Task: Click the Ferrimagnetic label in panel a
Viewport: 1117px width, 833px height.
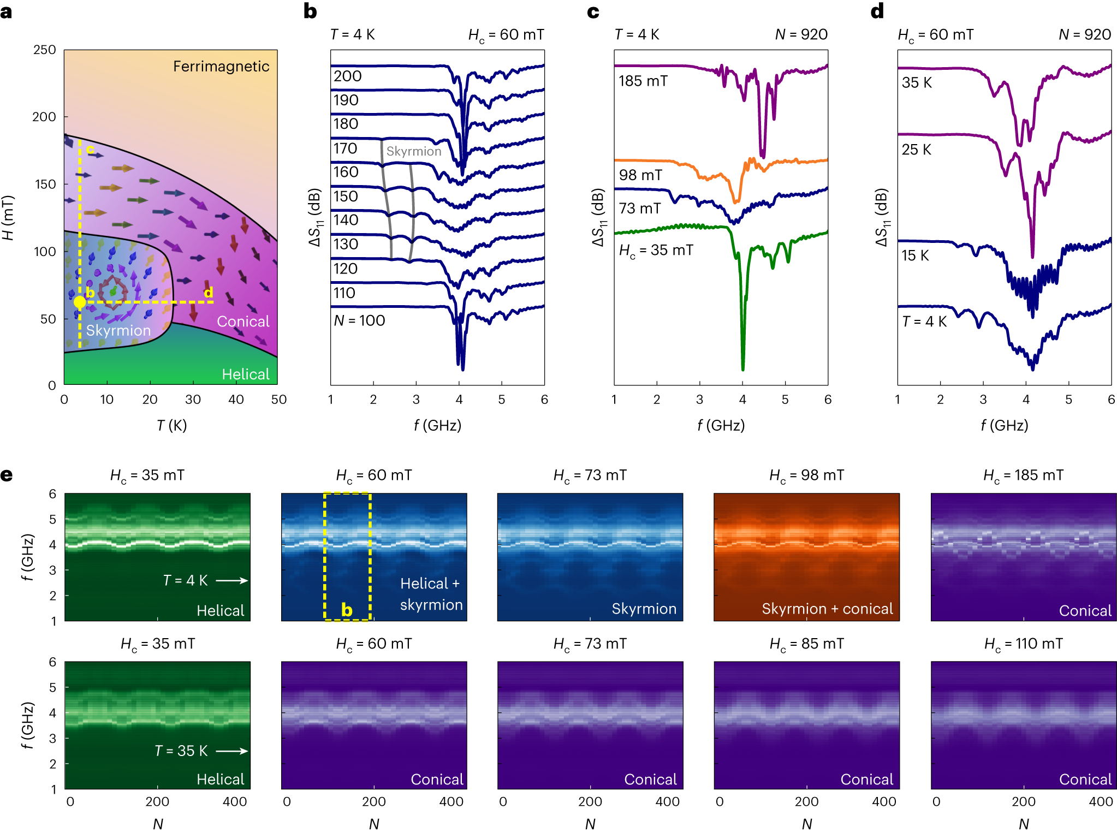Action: (221, 67)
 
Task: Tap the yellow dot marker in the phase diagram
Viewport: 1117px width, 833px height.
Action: (80, 302)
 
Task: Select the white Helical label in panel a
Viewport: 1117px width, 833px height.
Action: (246, 374)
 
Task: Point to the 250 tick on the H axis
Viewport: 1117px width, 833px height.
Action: (45, 50)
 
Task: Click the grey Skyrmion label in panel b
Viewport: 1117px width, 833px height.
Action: (414, 151)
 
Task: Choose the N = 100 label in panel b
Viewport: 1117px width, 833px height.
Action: (359, 320)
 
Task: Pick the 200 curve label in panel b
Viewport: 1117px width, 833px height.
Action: (348, 76)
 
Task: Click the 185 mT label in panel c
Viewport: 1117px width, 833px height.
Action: (643, 81)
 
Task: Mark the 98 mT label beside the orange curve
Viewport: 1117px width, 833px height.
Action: (640, 175)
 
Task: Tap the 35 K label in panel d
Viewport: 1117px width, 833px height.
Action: (917, 82)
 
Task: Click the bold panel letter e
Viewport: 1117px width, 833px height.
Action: (7, 475)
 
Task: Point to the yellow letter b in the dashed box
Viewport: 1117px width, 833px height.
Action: (347, 609)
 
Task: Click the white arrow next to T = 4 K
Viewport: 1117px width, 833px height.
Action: (231, 580)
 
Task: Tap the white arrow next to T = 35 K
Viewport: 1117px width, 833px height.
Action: (231, 751)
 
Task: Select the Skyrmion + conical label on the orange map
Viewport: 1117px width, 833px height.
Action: (827, 609)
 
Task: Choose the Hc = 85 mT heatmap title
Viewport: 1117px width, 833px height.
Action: (806, 644)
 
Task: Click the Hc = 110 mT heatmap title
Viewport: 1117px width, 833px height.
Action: (1023, 644)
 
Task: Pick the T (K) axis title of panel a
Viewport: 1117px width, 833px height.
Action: (171, 425)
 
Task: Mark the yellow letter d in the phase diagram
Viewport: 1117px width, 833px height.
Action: (208, 293)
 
